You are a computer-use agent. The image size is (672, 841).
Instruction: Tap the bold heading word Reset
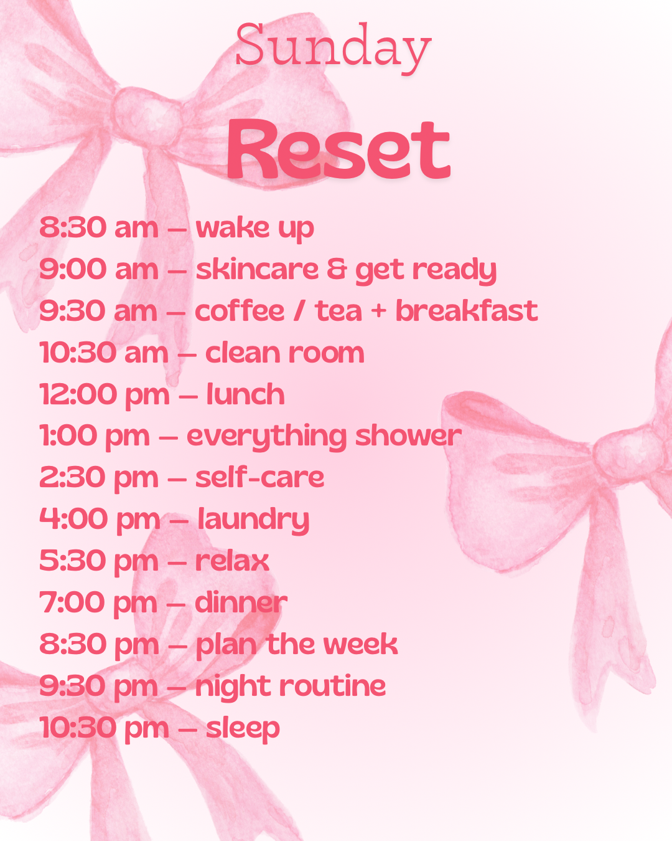pyautogui.click(x=338, y=150)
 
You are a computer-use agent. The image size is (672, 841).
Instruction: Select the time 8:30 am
pyautogui.click(x=99, y=227)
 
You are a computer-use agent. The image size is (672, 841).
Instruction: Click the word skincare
pyautogui.click(x=258, y=269)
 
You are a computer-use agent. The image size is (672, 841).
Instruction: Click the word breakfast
pyautogui.click(x=467, y=311)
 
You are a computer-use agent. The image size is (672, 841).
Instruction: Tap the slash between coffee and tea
pyautogui.click(x=299, y=311)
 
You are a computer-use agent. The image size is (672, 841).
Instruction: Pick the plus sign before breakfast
pyautogui.click(x=378, y=311)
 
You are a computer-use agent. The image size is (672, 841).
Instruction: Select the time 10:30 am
pyautogui.click(x=104, y=353)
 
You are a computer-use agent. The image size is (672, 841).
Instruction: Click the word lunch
pyautogui.click(x=246, y=394)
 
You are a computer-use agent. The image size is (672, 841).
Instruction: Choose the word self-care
pyautogui.click(x=259, y=477)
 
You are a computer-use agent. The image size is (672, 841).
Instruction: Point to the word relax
pyautogui.click(x=232, y=561)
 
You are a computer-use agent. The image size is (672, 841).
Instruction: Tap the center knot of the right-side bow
pyautogui.click(x=628, y=454)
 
